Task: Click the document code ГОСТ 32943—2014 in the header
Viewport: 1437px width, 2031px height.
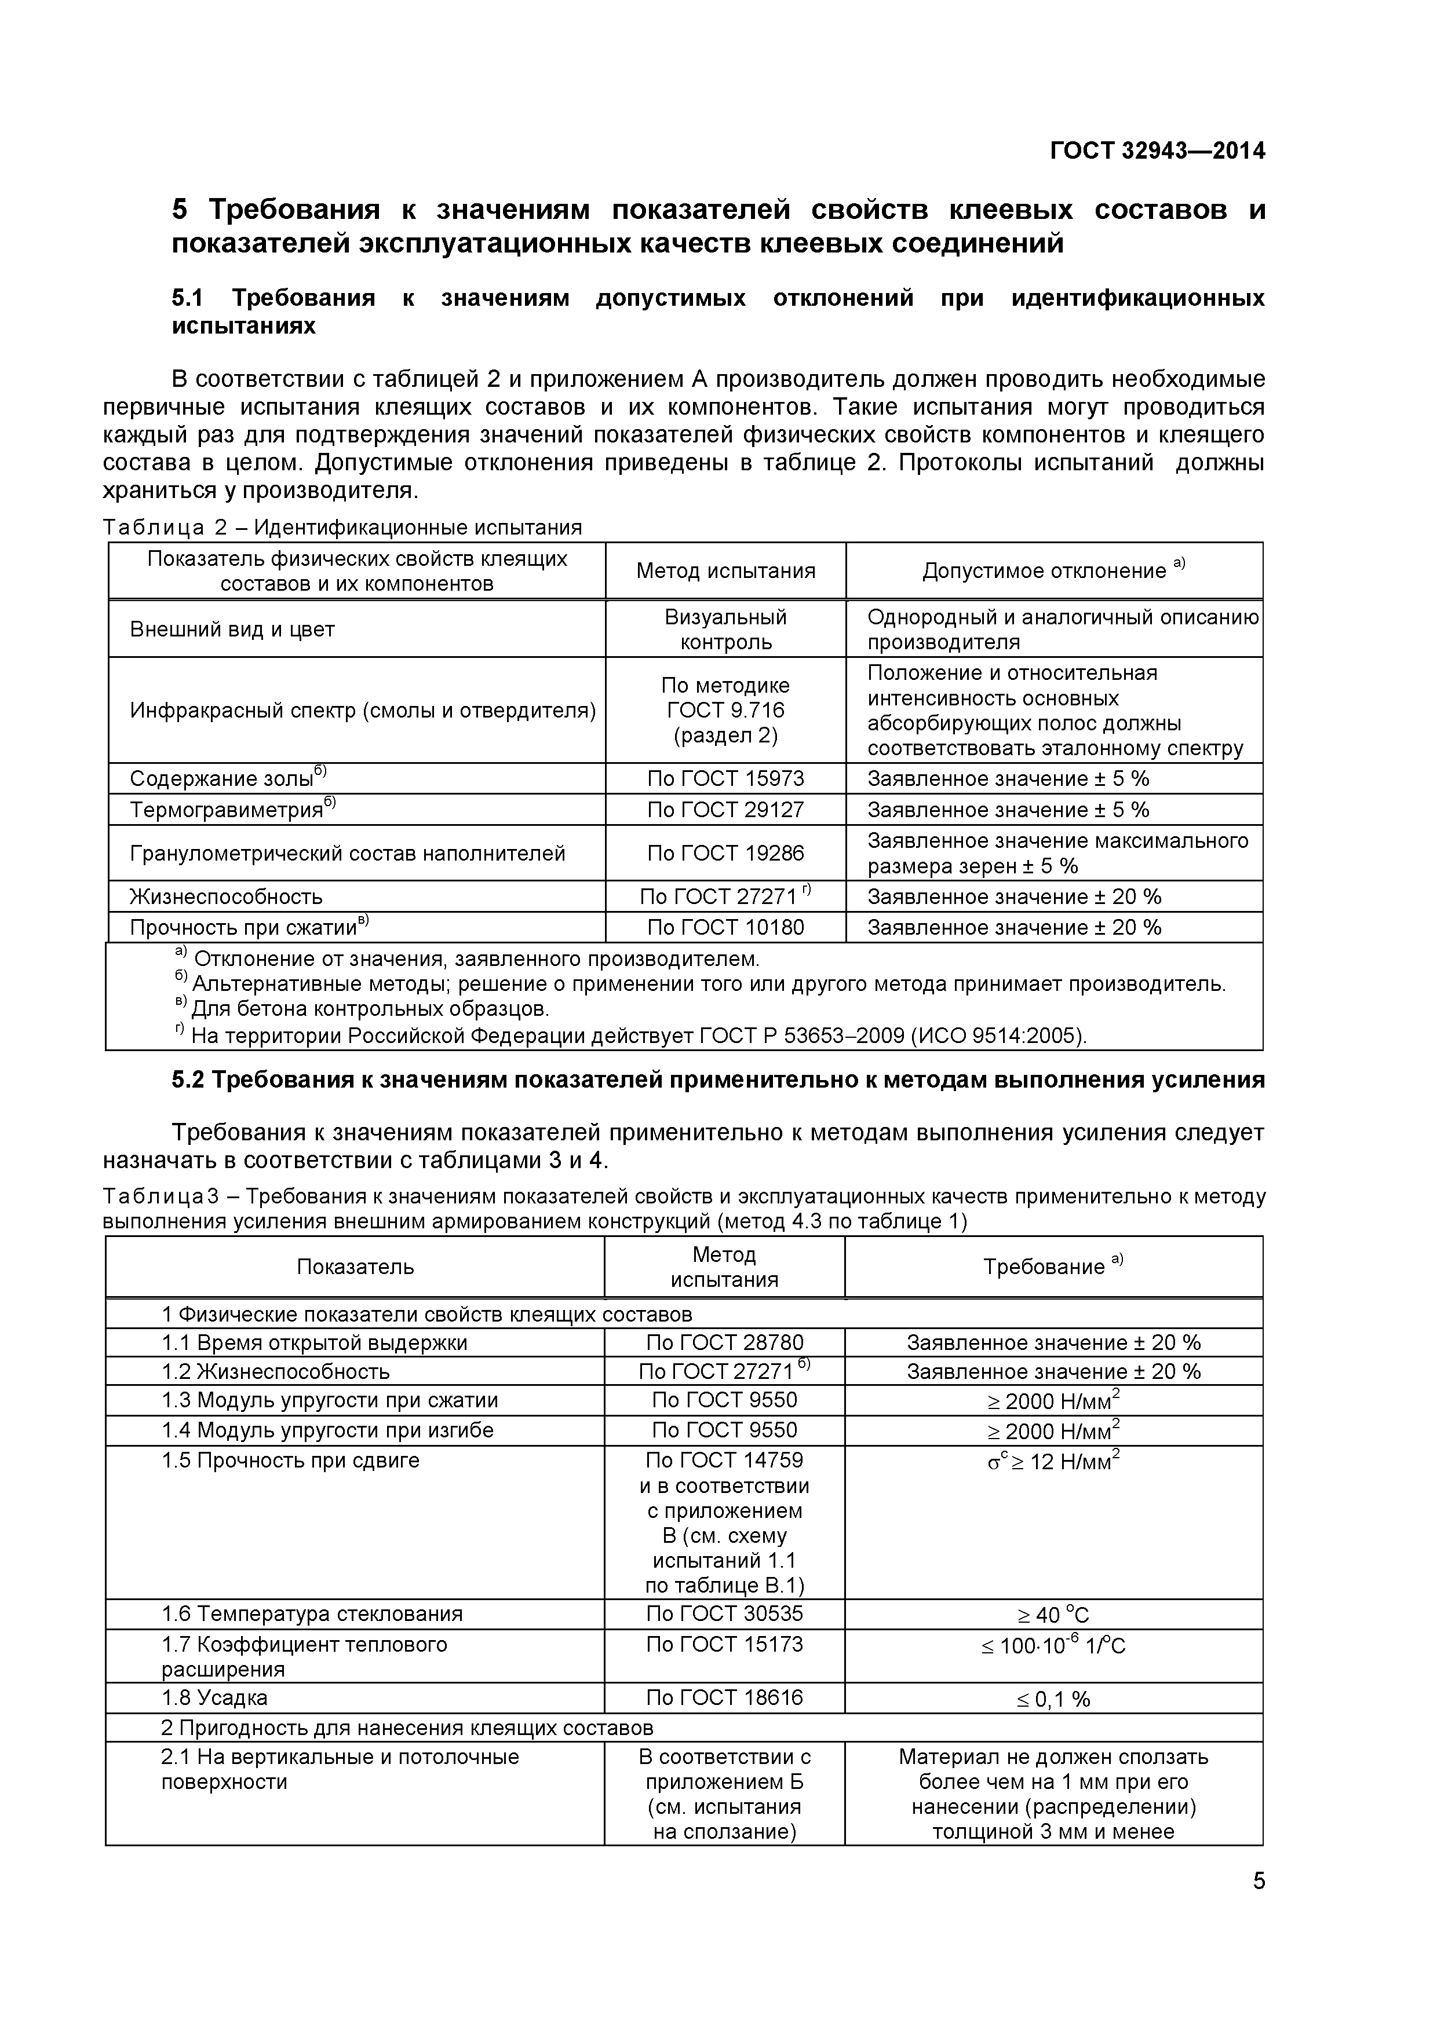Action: click(x=1157, y=151)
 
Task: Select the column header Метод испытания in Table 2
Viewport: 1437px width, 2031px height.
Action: click(x=725, y=570)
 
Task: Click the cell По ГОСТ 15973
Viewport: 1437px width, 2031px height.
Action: click(x=725, y=778)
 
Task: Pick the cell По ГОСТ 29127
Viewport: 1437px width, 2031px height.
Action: click(x=725, y=810)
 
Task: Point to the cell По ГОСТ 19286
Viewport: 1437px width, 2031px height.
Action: click(x=725, y=852)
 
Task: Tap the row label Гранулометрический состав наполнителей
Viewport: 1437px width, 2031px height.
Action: click(x=347, y=852)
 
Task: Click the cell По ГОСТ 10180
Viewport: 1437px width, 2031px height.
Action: click(x=725, y=927)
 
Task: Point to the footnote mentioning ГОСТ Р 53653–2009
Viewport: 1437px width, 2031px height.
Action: click(x=637, y=1035)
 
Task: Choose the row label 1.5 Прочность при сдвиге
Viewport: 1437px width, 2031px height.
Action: click(x=290, y=1459)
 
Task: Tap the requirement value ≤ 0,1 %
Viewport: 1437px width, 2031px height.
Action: click(x=1053, y=1699)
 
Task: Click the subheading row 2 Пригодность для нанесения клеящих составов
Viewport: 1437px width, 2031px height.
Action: click(x=407, y=1728)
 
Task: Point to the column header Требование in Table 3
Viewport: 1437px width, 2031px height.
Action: click(x=1053, y=1267)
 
